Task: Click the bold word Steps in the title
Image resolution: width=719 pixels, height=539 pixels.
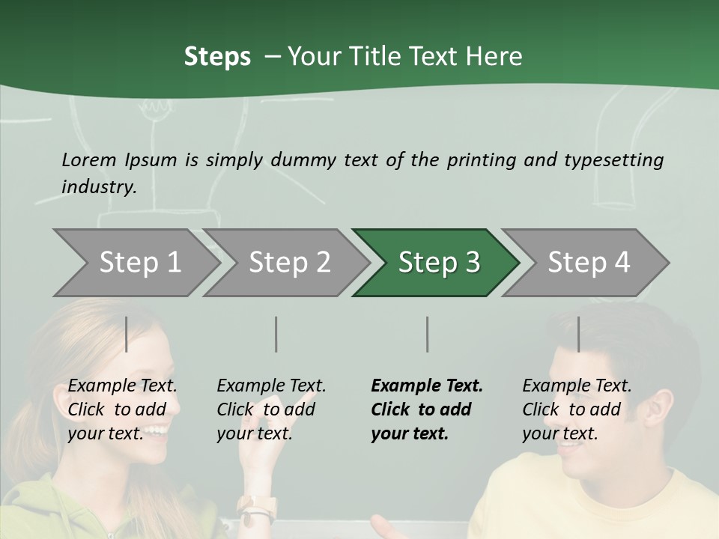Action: (x=217, y=57)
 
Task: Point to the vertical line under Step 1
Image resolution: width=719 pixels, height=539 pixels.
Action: (x=127, y=334)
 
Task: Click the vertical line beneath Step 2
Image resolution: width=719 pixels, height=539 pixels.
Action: (x=276, y=334)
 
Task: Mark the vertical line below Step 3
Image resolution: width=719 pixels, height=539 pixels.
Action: (x=428, y=334)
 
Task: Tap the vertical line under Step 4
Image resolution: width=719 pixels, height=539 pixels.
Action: (x=578, y=334)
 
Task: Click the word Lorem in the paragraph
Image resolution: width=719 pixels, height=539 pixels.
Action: (x=89, y=159)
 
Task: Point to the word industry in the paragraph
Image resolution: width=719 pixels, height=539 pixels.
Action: (x=99, y=186)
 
